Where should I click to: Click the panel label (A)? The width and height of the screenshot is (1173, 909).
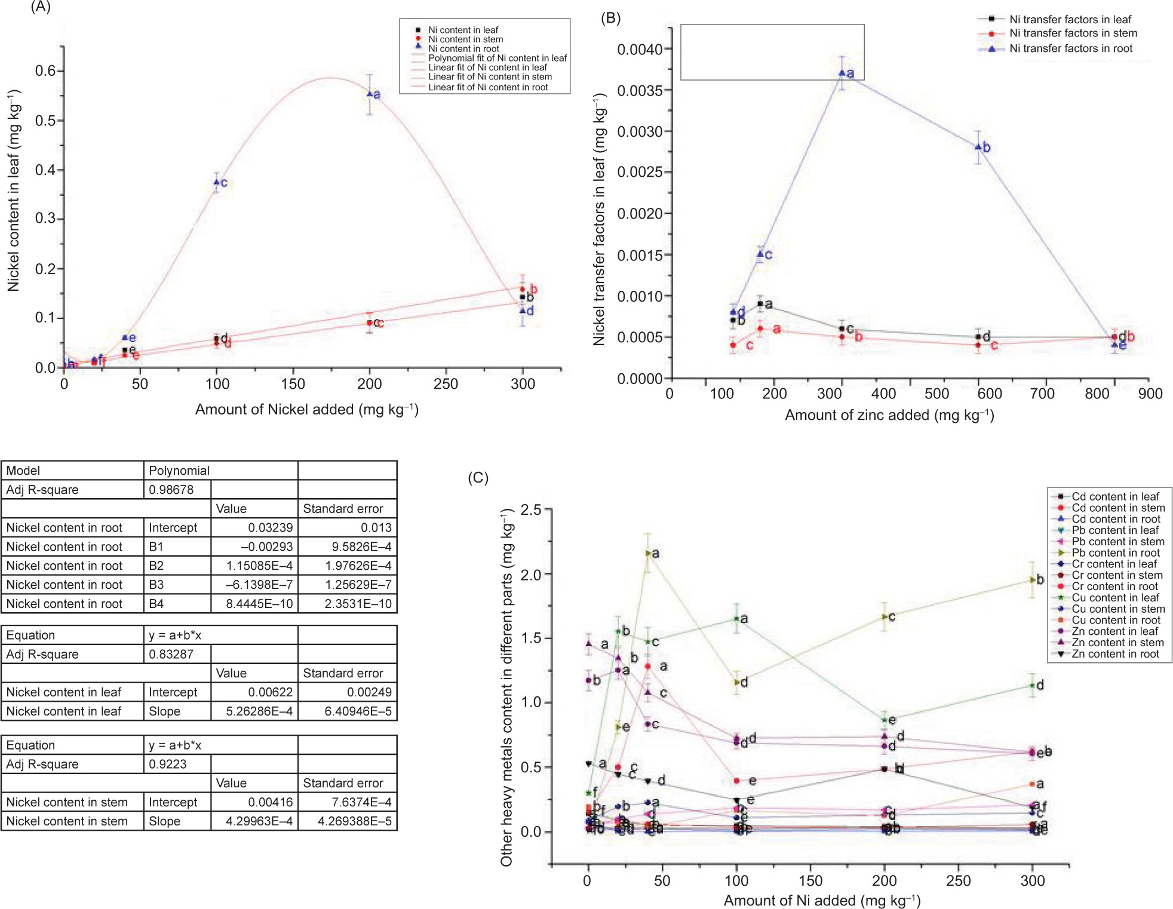point(40,7)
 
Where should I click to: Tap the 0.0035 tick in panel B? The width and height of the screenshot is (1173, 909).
point(640,90)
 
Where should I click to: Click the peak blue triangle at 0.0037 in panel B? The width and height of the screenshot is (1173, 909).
point(842,73)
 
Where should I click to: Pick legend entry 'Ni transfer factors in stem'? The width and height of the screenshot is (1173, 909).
point(1073,33)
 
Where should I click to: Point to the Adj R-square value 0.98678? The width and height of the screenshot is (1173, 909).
point(171,490)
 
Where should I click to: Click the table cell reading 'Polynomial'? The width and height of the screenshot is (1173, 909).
point(179,471)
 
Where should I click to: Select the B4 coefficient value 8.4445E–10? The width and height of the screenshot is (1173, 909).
point(259,604)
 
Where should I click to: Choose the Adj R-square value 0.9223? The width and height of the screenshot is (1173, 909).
point(168,764)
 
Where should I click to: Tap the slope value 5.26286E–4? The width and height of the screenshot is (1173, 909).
point(259,711)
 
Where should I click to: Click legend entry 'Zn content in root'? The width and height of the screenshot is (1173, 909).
point(1114,654)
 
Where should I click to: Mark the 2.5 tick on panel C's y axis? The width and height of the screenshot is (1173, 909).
point(531,509)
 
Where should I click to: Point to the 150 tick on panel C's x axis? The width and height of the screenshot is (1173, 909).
point(810,880)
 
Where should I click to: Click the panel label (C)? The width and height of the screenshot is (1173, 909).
point(478,478)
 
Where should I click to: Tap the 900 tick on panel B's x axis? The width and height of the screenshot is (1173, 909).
point(1150,394)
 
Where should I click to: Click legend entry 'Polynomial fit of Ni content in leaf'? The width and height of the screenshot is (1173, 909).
point(497,58)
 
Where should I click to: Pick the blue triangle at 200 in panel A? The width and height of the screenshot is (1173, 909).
point(370,94)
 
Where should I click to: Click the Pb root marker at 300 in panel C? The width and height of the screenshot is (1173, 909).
point(1031,579)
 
